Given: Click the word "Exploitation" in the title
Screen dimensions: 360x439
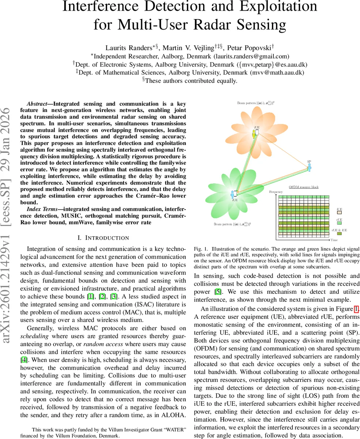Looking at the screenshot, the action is (279, 7).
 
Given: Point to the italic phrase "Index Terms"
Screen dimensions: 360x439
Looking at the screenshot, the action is (42, 209).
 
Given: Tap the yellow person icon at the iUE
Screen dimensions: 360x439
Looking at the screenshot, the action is (253, 134).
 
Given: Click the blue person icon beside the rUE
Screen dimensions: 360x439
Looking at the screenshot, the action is (232, 194).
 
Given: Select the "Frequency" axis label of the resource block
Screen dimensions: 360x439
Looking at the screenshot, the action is (276, 192).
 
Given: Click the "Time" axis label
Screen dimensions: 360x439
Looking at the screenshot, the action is (334, 240).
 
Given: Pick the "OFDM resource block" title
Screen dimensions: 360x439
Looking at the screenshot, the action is (303, 187).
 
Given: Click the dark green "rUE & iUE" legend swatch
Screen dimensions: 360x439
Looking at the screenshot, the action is (339, 235).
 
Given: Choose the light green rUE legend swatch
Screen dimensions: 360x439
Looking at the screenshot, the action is (339, 223).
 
